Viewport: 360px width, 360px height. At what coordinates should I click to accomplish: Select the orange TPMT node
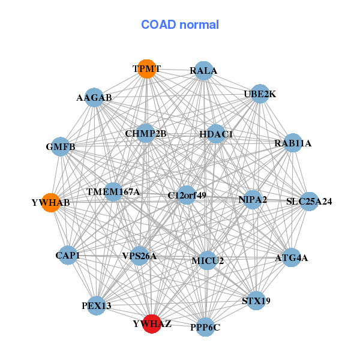[x=146, y=69]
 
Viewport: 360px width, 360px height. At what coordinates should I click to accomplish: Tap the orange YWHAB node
[x=51, y=202]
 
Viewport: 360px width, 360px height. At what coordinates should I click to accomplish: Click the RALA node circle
[x=204, y=70]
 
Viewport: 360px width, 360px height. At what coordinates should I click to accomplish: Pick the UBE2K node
[x=259, y=94]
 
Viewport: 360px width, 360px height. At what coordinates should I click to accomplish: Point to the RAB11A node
[x=292, y=143]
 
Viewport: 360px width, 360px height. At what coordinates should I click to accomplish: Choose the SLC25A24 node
[x=308, y=201]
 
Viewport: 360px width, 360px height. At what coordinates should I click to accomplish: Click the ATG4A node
[x=291, y=258]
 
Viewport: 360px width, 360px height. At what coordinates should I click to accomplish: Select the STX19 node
[x=256, y=301]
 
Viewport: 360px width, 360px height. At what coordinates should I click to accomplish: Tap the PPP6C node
[x=205, y=327]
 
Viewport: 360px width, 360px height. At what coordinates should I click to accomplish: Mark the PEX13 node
[x=96, y=305]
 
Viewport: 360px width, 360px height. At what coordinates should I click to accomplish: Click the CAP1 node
[x=67, y=256]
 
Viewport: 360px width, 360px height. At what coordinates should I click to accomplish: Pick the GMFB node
[x=60, y=146]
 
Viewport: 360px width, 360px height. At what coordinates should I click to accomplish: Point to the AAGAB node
[x=94, y=97]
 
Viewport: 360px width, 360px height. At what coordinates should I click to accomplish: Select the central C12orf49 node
[x=187, y=195]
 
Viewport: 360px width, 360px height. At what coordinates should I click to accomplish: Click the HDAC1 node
[x=216, y=134]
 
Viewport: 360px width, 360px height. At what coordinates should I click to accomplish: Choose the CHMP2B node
[x=146, y=133]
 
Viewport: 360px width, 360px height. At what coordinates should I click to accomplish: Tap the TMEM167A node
[x=113, y=192]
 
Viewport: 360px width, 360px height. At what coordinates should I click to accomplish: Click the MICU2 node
[x=208, y=260]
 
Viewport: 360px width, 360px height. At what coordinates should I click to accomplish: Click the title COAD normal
[x=180, y=25]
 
